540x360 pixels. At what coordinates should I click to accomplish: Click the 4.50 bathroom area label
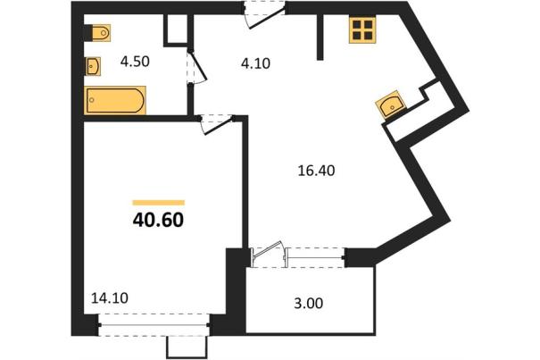tap(135, 62)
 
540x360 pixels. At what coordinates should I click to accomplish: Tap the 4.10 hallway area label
tap(255, 63)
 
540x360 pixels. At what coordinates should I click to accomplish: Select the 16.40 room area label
tap(316, 171)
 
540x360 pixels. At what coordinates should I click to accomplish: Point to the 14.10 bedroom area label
tap(110, 298)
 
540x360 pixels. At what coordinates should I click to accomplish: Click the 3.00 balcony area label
tap(309, 304)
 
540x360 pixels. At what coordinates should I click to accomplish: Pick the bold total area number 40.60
tap(158, 220)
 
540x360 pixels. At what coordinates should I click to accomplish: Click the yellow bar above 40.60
tap(159, 203)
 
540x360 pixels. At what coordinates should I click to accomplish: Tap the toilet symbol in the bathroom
tap(97, 33)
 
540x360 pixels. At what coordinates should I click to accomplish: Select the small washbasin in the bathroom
tap(93, 66)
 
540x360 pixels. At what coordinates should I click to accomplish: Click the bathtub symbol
tap(115, 100)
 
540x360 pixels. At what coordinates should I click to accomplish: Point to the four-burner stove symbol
tap(362, 30)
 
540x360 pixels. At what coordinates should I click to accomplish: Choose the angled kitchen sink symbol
tap(391, 105)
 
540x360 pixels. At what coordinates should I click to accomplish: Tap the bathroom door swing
tap(196, 67)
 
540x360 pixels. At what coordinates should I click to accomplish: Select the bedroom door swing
tap(216, 125)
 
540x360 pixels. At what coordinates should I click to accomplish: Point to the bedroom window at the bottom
tap(154, 324)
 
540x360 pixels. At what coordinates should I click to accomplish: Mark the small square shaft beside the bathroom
tap(177, 29)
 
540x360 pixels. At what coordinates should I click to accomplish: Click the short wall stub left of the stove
tap(320, 38)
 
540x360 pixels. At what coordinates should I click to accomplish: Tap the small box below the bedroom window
tap(187, 347)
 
